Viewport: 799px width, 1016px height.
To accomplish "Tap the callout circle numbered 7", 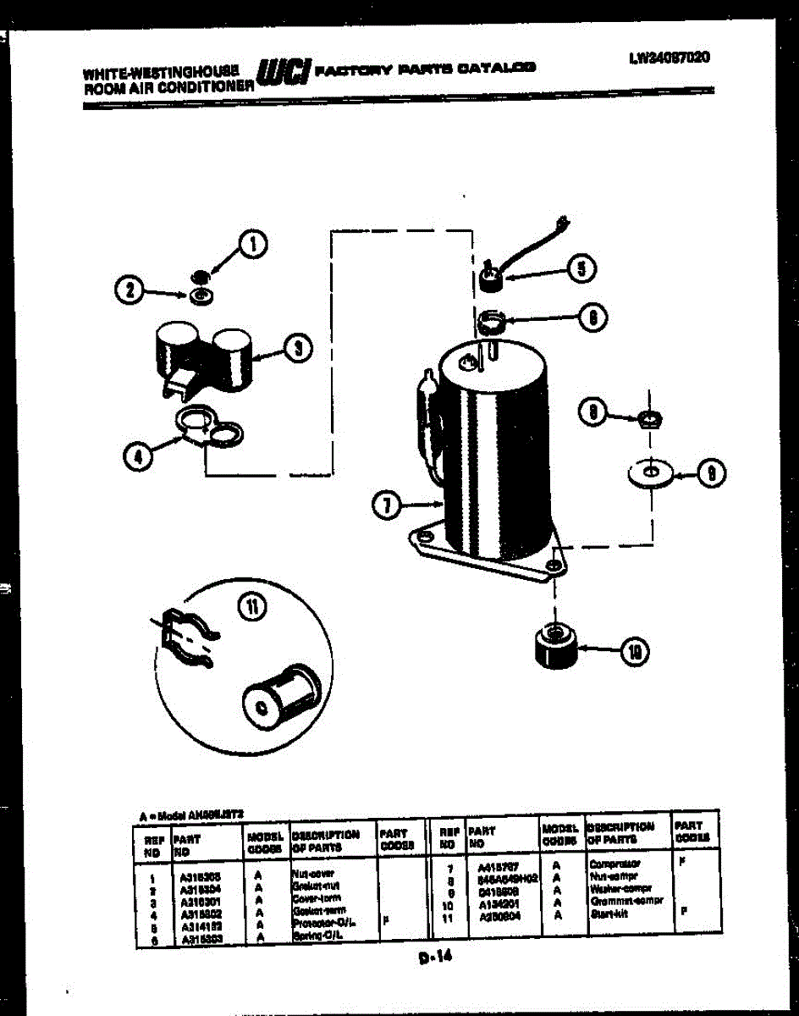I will point(387,506).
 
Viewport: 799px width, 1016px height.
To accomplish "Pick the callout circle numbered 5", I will point(580,268).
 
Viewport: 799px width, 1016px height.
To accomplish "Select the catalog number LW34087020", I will point(669,58).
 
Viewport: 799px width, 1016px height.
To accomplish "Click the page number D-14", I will point(435,958).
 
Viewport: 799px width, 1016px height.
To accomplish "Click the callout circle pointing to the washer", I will point(710,474).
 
